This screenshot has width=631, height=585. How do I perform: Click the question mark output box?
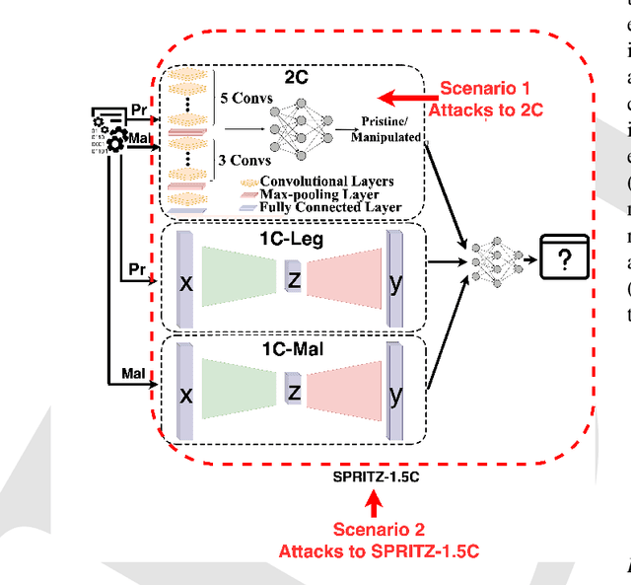pyautogui.click(x=564, y=259)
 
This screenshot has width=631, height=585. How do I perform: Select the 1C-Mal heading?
pyautogui.click(x=292, y=347)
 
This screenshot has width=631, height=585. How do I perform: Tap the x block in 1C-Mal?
pyautogui.click(x=184, y=393)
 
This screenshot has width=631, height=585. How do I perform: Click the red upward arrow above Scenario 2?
pyautogui.click(x=372, y=506)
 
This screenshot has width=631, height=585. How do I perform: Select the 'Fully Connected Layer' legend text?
pyautogui.click(x=330, y=207)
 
